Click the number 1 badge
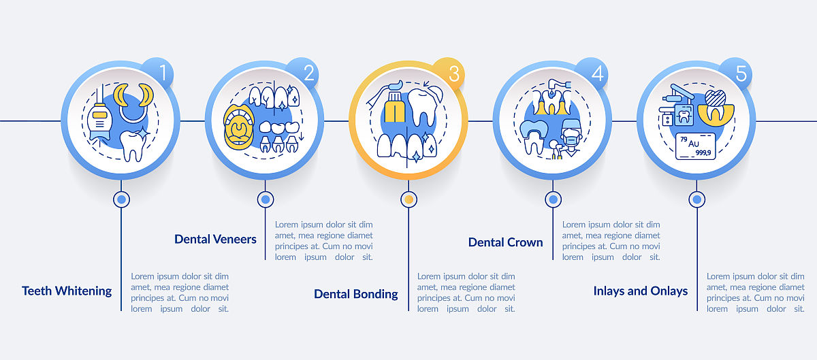159,73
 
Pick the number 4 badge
593,73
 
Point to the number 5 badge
737,73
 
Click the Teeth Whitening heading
67,291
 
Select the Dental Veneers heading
215,240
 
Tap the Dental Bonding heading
356,294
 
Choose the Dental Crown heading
505,242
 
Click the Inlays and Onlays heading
641,291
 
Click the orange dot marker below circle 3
409,199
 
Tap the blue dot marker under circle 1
121,199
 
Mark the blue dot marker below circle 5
697,199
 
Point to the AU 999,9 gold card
696,146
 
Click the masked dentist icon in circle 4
571,138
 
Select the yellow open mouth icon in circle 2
238,127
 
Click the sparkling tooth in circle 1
134,145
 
